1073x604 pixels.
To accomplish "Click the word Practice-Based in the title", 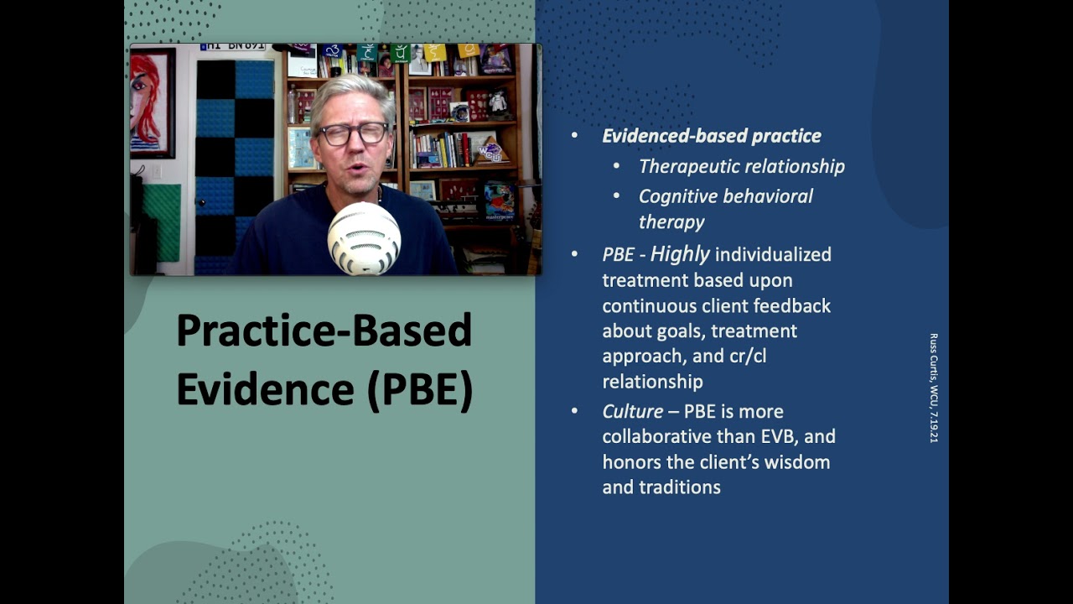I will (324, 331).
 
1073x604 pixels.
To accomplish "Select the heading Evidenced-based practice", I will (711, 136).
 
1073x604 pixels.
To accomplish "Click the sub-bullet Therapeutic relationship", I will (741, 166).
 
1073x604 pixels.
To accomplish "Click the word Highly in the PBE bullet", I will (680, 254).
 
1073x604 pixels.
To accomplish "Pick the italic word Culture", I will (632, 412).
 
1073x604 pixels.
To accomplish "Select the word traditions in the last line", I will (680, 487).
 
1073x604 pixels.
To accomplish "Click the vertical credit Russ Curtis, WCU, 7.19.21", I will (933, 388).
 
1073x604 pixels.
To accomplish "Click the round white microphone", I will (364, 238).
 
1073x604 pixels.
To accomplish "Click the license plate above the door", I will (232, 47).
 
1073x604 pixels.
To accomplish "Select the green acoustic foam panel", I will (161, 222).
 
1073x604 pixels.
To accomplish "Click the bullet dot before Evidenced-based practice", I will (574, 136).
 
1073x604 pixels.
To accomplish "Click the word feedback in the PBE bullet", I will (796, 305).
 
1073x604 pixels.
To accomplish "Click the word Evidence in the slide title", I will (253, 389).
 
